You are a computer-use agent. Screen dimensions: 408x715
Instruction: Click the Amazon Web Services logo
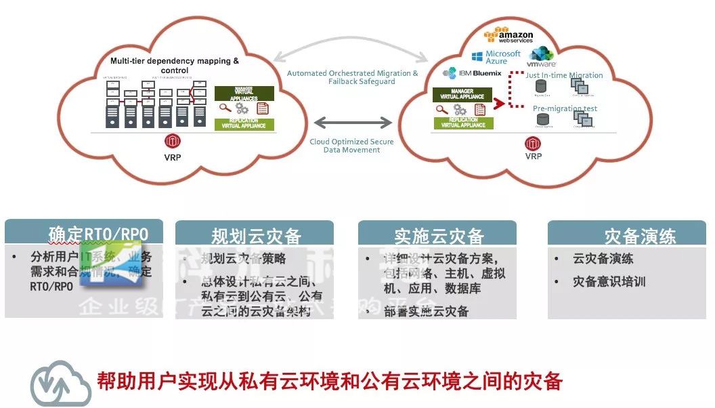click(508, 34)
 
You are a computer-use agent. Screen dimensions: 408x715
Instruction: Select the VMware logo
click(542, 56)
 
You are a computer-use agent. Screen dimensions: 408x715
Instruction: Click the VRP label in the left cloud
click(172, 157)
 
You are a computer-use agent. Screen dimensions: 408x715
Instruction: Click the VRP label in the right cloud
click(534, 157)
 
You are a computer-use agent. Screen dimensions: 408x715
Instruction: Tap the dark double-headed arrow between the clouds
click(353, 123)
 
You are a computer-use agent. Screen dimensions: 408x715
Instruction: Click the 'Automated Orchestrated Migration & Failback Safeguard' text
click(352, 77)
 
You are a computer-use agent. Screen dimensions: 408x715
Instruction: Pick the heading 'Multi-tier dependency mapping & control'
click(175, 65)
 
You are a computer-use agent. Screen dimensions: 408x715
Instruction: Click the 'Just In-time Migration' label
click(564, 75)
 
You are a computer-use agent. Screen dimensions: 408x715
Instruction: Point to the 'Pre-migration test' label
click(565, 108)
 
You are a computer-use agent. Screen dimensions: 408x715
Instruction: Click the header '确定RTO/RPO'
click(97, 234)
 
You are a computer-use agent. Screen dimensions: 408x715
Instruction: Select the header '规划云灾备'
click(256, 236)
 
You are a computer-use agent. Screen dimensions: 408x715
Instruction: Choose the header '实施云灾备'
click(439, 236)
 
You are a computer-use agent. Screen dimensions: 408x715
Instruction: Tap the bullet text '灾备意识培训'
click(609, 281)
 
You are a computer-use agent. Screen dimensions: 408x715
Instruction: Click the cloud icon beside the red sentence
click(60, 382)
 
